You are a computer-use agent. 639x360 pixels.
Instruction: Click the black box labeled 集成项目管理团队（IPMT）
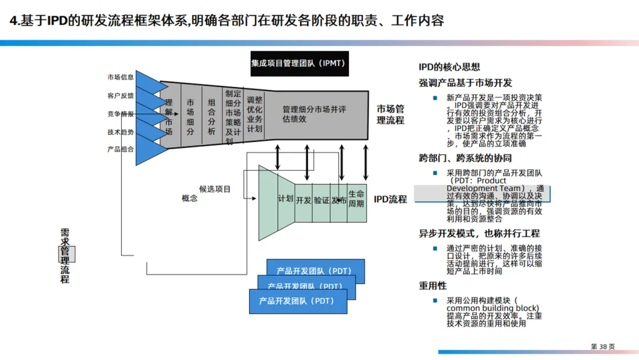(299, 63)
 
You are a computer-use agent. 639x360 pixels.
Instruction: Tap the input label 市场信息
(121, 77)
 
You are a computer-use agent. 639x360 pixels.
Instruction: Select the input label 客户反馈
(121, 95)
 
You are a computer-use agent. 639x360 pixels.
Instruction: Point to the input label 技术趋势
(121, 132)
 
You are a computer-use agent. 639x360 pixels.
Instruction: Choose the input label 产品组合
(121, 149)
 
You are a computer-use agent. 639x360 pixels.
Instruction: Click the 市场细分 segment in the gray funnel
(191, 117)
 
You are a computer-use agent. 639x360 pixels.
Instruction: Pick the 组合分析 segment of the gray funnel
(211, 117)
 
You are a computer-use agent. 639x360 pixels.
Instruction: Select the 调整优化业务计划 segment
(254, 114)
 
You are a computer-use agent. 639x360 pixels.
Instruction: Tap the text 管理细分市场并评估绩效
(314, 114)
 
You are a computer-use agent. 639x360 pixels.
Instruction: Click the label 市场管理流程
(390, 114)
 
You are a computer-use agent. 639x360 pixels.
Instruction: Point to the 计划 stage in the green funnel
(286, 199)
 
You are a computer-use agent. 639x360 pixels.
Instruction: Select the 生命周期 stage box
(356, 199)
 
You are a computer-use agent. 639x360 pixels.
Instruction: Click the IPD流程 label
(390, 200)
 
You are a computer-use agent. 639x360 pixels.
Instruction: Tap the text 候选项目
(215, 189)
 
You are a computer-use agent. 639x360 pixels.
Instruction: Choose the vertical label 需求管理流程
(65, 255)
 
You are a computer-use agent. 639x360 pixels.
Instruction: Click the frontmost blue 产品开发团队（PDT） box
(297, 301)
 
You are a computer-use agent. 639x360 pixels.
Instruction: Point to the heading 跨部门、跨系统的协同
(465, 158)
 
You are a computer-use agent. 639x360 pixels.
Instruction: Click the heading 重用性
(433, 285)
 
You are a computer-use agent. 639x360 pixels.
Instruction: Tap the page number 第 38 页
(603, 346)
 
